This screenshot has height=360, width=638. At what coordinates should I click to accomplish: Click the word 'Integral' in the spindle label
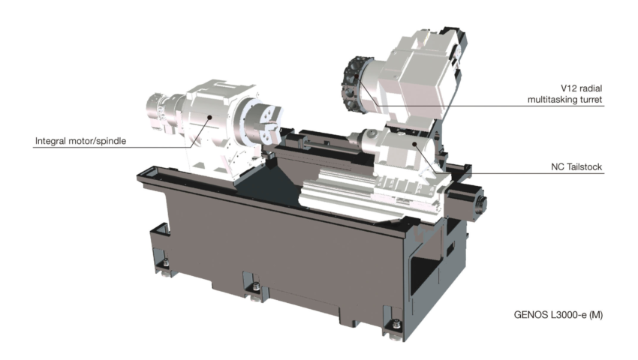[x=50, y=141]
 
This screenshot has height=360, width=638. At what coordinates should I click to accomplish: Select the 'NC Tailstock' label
[x=576, y=166]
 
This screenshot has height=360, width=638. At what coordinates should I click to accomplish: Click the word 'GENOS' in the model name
[x=522, y=315]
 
